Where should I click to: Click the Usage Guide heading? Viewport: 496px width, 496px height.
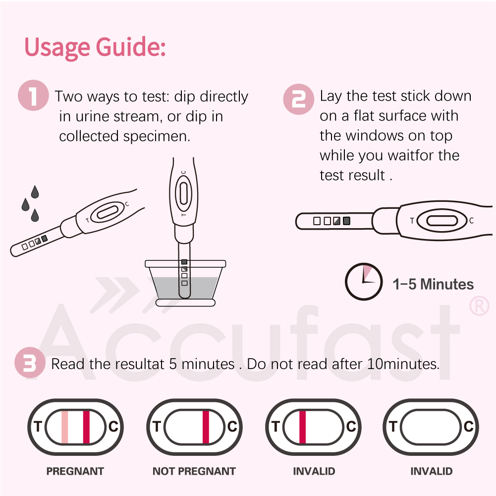[95, 47]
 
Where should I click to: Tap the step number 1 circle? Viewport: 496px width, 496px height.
[34, 96]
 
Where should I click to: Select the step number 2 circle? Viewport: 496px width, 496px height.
[298, 99]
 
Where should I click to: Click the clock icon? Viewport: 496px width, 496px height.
[364, 281]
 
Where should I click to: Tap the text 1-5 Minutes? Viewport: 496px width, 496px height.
[433, 284]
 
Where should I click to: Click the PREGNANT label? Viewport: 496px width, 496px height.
[75, 471]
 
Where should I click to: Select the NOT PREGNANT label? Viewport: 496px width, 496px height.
[194, 471]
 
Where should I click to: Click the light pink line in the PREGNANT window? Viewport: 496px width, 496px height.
[64, 427]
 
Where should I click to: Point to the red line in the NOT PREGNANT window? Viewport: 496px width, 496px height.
[206, 427]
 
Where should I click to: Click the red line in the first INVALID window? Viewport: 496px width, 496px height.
[302, 427]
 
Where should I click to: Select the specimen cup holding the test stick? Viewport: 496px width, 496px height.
[185, 283]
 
